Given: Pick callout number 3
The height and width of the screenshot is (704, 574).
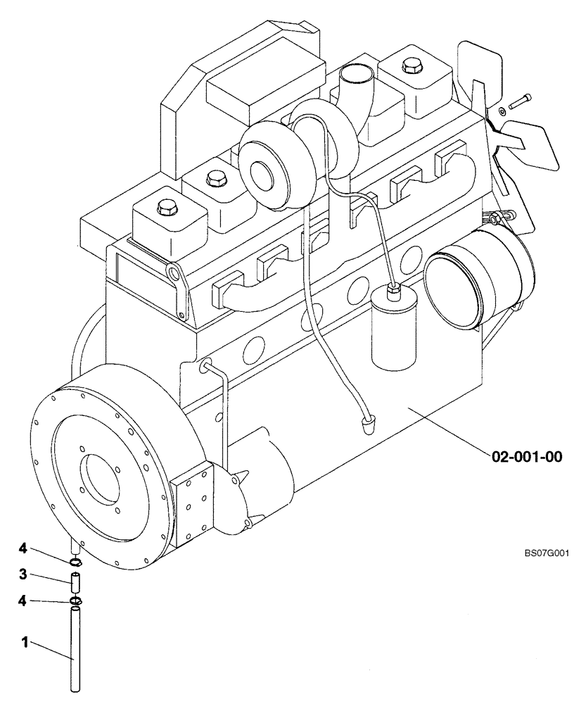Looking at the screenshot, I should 23,575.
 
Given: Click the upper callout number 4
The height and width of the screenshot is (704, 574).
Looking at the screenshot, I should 23,548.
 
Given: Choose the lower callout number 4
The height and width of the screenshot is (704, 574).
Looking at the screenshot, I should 23,601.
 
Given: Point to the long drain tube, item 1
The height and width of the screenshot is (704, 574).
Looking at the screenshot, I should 75,648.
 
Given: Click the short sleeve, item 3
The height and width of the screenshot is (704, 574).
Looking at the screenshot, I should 75,583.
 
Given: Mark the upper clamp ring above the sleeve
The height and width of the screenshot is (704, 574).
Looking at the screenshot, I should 75,561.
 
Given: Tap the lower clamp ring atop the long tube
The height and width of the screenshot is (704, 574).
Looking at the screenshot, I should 75,601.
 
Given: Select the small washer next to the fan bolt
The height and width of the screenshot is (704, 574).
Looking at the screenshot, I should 500,111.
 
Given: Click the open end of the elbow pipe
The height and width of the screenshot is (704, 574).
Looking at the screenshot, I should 355,73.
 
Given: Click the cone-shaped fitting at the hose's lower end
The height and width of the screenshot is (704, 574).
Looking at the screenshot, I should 367,423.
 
